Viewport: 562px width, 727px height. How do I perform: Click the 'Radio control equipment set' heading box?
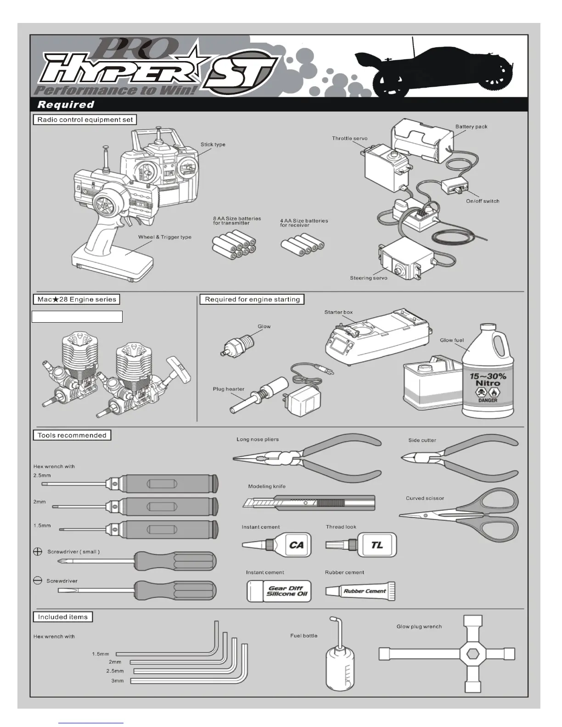tap(85, 120)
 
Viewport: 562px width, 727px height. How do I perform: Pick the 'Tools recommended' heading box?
tap(72, 435)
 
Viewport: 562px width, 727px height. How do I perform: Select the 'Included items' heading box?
tap(63, 617)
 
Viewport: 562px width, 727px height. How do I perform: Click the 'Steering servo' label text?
tap(368, 278)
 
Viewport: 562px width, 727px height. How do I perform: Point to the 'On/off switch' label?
tap(483, 201)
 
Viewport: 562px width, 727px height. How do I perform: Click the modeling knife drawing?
tap(309, 503)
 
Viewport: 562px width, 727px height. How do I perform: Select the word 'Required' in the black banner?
tap(66, 105)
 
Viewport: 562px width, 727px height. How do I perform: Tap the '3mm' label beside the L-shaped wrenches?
tap(117, 681)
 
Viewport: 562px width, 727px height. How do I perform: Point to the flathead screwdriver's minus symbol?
tap(38, 581)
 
